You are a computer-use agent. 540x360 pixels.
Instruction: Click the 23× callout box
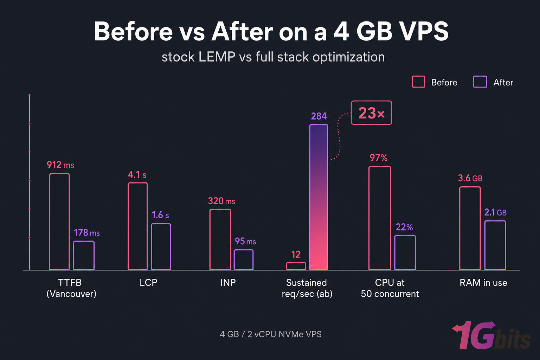tap(371, 113)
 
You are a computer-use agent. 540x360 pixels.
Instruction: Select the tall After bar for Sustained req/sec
tap(319, 197)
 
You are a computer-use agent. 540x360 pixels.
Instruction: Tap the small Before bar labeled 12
tap(296, 266)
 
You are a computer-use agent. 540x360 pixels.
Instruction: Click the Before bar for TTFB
tap(59, 221)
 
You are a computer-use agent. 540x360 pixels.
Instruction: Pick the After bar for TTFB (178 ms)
tap(84, 255)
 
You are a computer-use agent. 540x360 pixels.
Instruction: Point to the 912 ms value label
tap(60, 165)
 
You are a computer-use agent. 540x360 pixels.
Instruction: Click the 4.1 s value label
tap(137, 175)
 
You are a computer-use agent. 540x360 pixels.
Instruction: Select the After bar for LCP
tap(161, 246)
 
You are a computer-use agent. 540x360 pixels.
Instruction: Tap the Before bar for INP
tap(220, 239)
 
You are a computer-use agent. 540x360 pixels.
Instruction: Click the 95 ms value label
tap(245, 242)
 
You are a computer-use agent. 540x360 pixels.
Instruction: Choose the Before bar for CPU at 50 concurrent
tap(380, 218)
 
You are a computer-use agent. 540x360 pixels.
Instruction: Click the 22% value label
tap(404, 227)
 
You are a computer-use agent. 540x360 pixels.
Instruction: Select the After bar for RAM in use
tap(495, 245)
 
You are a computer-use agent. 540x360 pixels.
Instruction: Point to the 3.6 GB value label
tap(470, 178)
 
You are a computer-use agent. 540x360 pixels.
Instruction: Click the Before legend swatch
tap(418, 82)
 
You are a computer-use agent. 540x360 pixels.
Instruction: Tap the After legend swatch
tap(480, 82)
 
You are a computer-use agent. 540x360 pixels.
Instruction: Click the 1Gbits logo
tap(491, 336)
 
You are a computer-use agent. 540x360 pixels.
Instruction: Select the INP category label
tap(228, 283)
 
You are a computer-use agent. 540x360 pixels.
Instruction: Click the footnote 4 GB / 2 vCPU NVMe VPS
tap(270, 334)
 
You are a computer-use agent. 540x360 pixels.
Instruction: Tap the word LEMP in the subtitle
tap(217, 57)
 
